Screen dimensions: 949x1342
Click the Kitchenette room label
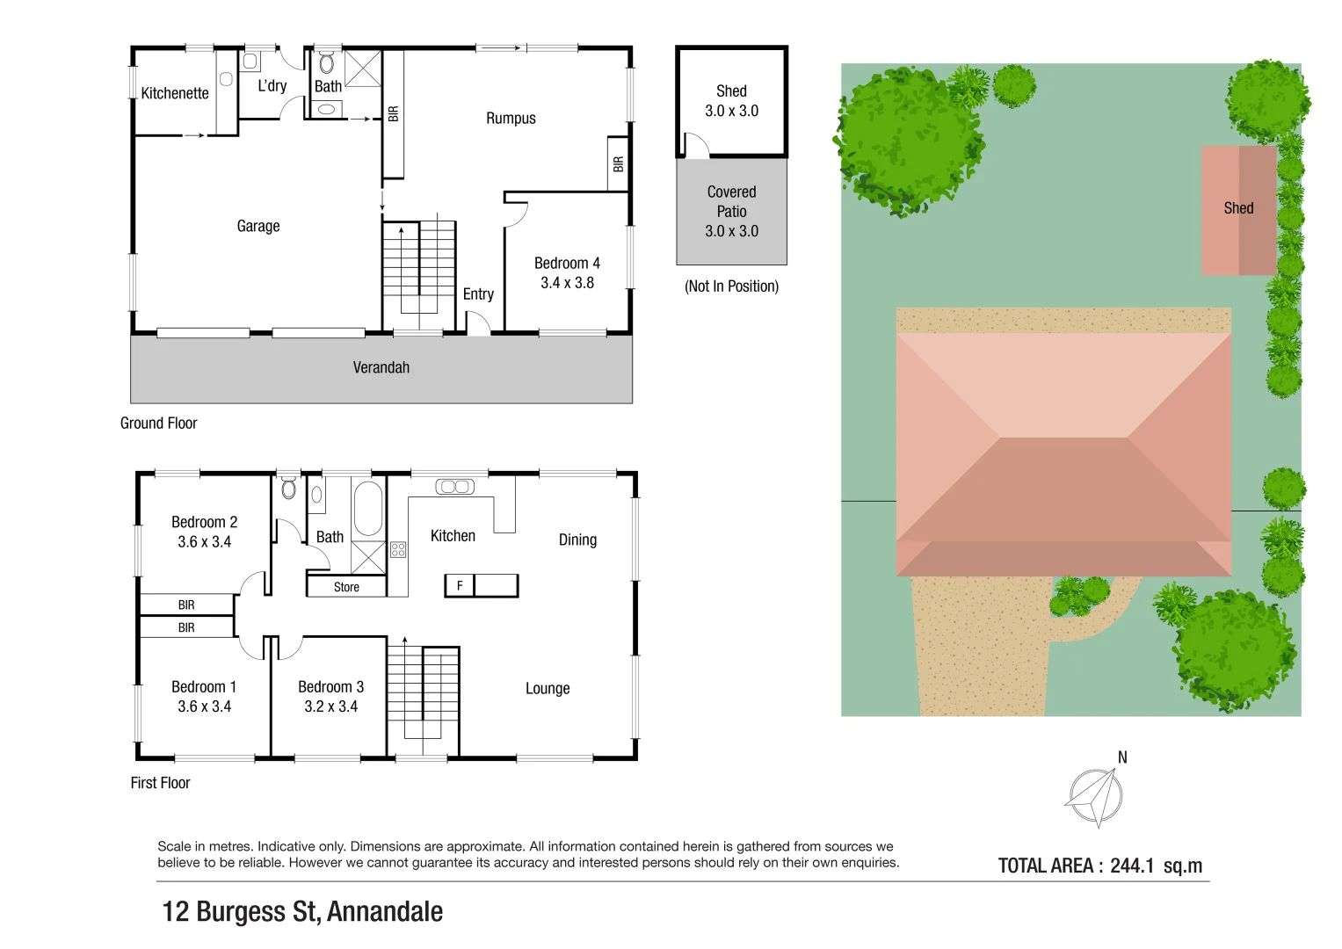coord(175,93)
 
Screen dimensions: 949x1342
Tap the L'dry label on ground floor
coord(272,86)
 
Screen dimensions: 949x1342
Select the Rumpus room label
coord(511,119)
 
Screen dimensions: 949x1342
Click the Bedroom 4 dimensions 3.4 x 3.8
coord(567,283)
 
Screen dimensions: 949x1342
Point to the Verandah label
coord(381,368)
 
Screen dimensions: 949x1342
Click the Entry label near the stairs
coord(478,294)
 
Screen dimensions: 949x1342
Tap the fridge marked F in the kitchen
coord(460,585)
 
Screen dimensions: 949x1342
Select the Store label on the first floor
coord(346,587)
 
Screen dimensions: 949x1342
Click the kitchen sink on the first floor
coord(454,487)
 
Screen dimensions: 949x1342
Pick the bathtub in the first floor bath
coord(368,508)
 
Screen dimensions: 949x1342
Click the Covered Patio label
coord(731,201)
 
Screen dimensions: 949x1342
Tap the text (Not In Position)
coord(731,286)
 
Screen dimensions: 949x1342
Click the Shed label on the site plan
coord(1238,208)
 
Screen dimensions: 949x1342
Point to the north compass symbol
coord(1094,797)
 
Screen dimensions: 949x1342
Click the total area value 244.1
coord(1131,866)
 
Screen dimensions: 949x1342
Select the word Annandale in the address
coord(384,912)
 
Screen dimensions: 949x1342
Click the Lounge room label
coord(548,689)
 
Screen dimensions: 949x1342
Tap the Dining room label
coord(577,540)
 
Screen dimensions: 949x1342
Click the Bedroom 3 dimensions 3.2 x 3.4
coord(330,706)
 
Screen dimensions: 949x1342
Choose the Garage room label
coord(258,227)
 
